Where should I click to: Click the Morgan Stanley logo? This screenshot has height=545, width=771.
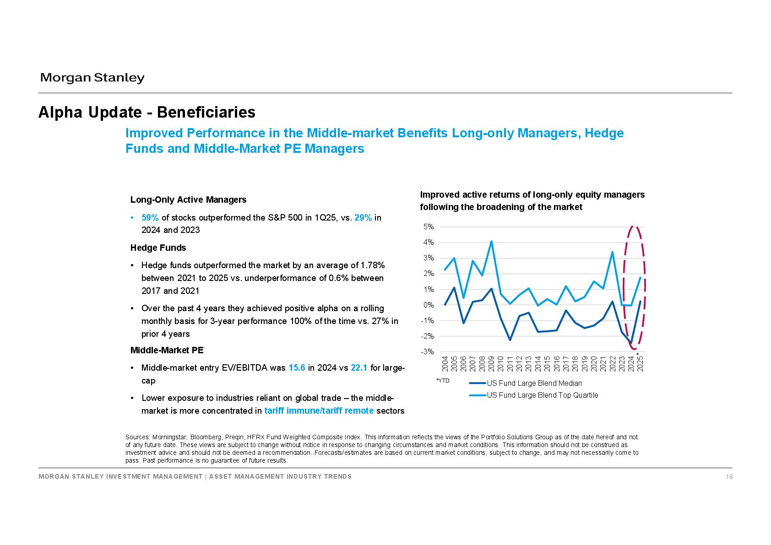pyautogui.click(x=92, y=78)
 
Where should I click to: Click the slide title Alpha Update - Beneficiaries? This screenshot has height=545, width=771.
pyautogui.click(x=147, y=112)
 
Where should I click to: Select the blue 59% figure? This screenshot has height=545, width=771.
pyautogui.click(x=150, y=218)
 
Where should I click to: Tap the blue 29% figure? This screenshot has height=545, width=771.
pyautogui.click(x=363, y=218)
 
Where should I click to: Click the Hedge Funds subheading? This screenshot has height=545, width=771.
pyautogui.click(x=158, y=248)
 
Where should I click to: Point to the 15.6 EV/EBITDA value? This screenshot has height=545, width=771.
pyautogui.click(x=297, y=368)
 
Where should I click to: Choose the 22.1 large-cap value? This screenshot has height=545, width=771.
pyautogui.click(x=359, y=368)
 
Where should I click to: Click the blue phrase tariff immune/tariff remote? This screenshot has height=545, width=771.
pyautogui.click(x=319, y=411)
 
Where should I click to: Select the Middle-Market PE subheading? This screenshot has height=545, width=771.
pyautogui.click(x=167, y=350)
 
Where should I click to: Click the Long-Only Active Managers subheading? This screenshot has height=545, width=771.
pyautogui.click(x=188, y=200)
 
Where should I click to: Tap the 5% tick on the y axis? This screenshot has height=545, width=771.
pyautogui.click(x=429, y=227)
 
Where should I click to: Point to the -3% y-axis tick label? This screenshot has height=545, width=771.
pyautogui.click(x=427, y=351)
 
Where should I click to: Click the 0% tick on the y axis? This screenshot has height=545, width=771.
pyautogui.click(x=429, y=305)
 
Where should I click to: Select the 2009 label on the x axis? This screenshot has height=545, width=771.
pyautogui.click(x=491, y=364)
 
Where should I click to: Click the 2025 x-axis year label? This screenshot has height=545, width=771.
pyautogui.click(x=640, y=364)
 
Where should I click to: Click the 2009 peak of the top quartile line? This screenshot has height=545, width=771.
pyautogui.click(x=491, y=241)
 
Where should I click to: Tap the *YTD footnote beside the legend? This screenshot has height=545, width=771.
pyautogui.click(x=443, y=381)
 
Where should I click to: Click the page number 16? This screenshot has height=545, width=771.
pyautogui.click(x=729, y=477)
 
